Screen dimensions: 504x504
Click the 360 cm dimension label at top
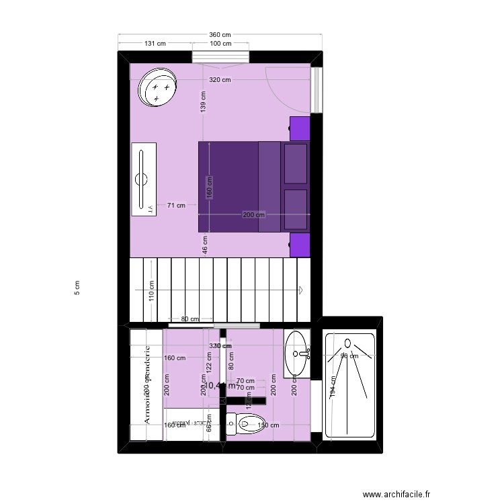(x=220, y=35)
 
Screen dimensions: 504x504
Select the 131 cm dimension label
(x=155, y=44)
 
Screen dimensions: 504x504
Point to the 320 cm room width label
(x=220, y=80)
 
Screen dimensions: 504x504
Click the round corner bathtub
(x=159, y=89)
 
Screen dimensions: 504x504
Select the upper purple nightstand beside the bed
(x=300, y=128)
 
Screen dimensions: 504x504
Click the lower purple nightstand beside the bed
(x=300, y=245)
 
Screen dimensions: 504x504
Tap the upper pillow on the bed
(x=296, y=163)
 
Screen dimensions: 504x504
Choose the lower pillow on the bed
(x=296, y=209)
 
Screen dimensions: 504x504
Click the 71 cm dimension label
(x=176, y=206)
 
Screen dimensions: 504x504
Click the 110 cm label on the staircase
(x=152, y=290)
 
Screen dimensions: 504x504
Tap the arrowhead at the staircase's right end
(x=300, y=290)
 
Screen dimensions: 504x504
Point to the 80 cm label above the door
(x=190, y=319)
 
